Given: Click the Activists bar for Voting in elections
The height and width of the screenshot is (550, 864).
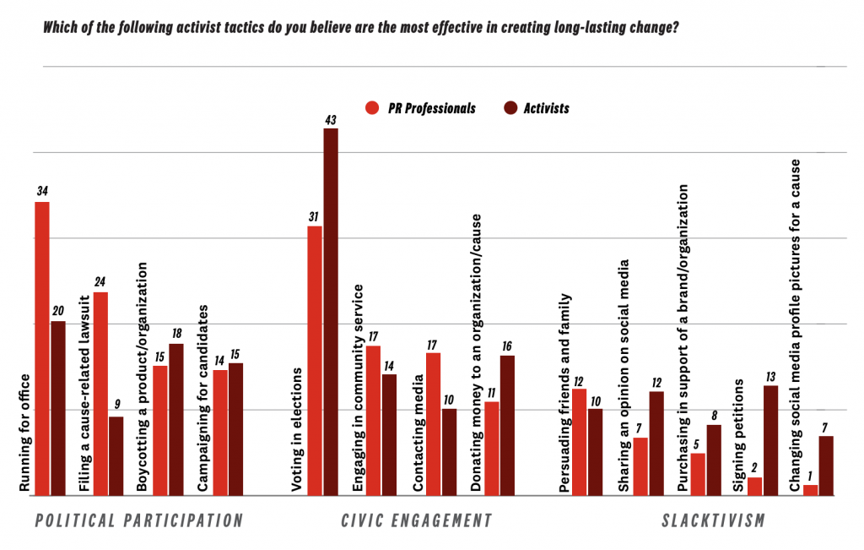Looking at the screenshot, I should coord(331,312).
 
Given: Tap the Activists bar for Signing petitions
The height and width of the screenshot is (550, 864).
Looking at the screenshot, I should coord(769,440).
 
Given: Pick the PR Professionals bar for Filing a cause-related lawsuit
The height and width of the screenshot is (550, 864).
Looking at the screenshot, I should coord(100,394).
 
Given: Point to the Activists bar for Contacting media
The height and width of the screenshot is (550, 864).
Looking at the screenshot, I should coord(449,452).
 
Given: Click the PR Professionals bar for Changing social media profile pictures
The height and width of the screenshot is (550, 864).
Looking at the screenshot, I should coord(810,490).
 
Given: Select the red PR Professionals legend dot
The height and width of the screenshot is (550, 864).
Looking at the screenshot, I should coord(371,108).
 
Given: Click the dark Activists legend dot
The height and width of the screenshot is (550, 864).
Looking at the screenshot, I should coord(510,108).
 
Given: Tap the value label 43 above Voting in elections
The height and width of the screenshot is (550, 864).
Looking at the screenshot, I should coord(331,119).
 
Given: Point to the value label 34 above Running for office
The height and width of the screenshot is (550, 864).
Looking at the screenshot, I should coord(42,193).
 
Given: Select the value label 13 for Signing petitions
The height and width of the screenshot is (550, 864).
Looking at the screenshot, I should coord(769,376).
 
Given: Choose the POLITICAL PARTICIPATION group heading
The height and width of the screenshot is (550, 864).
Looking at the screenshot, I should coord(139,520).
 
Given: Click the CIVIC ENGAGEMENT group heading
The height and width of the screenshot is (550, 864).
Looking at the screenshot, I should coord(417,520).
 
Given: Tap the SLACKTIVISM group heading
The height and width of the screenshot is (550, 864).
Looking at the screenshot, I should coord(713,520).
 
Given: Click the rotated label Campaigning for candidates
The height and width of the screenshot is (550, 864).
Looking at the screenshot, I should coord(202,409).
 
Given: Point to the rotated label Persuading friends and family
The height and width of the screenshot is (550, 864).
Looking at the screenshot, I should coord(564,393).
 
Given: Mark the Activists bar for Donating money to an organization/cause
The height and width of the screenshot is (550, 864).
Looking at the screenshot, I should coord(507,426).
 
